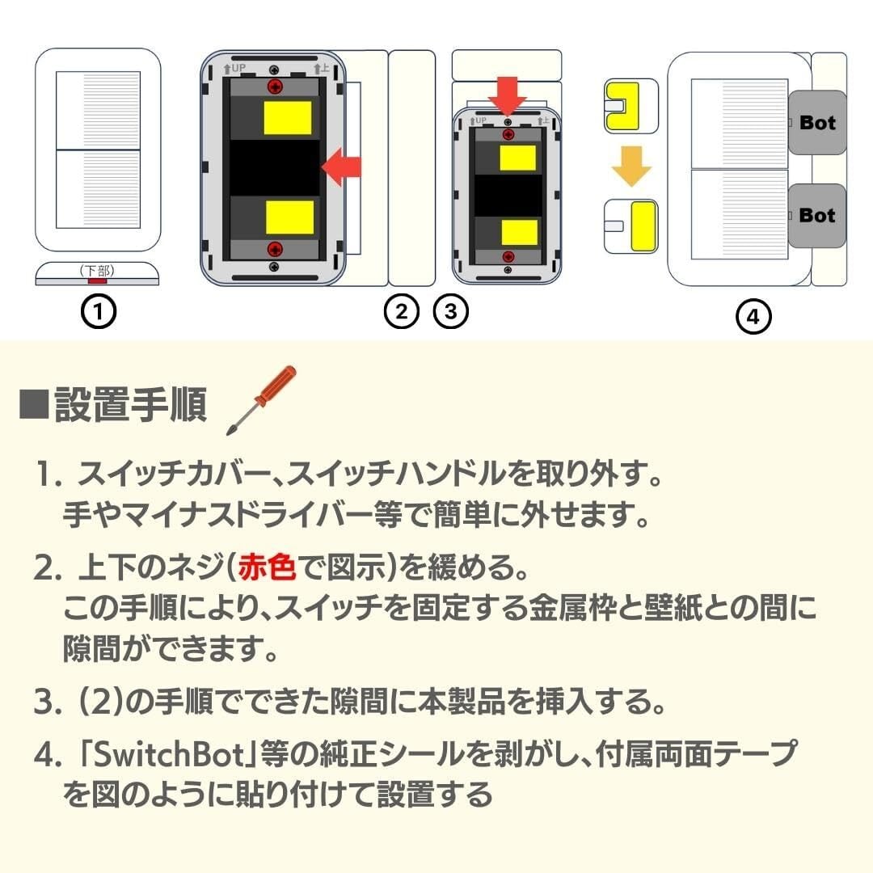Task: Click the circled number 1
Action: (x=99, y=311)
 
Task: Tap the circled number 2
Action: (x=402, y=311)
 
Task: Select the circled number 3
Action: (x=451, y=311)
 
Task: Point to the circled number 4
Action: (x=753, y=317)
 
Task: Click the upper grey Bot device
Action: (x=816, y=123)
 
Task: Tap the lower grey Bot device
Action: (x=816, y=216)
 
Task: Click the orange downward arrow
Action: (x=631, y=167)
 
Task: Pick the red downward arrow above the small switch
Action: (x=507, y=96)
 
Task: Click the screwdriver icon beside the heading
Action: (x=261, y=400)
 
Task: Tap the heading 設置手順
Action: (x=131, y=404)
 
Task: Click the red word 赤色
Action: (x=267, y=568)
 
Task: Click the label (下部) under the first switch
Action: (x=97, y=271)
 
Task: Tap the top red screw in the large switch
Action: (x=275, y=86)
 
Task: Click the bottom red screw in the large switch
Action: (x=275, y=249)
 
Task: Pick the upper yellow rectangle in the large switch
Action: (x=287, y=118)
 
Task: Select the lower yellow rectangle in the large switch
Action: (x=289, y=217)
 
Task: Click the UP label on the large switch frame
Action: (x=238, y=69)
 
